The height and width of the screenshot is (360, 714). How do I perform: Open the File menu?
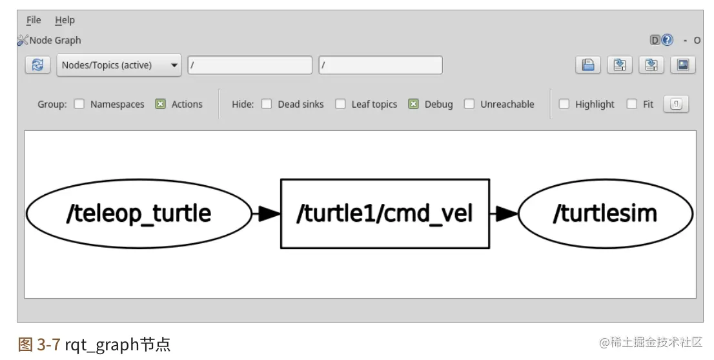(x=34, y=21)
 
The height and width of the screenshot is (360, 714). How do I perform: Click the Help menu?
(x=65, y=21)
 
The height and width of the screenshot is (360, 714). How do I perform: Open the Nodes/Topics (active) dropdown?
(x=119, y=65)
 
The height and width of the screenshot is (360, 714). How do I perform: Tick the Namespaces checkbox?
(x=79, y=104)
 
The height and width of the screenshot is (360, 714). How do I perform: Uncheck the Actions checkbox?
(x=161, y=104)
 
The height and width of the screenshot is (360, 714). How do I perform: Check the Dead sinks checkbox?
(x=267, y=104)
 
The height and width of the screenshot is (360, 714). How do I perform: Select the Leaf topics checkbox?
(x=340, y=104)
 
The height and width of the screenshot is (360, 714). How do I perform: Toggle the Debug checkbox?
(x=414, y=104)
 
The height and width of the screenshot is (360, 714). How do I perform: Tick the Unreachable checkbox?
(x=469, y=104)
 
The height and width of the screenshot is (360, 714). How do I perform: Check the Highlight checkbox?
(x=564, y=104)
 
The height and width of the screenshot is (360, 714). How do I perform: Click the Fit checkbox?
(x=632, y=104)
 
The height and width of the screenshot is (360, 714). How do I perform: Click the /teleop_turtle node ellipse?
(x=139, y=214)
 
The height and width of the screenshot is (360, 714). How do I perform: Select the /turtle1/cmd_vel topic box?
(x=385, y=214)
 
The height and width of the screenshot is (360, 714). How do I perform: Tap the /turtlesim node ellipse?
(x=605, y=214)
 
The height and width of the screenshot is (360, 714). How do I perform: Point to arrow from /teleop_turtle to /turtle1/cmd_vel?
(x=266, y=214)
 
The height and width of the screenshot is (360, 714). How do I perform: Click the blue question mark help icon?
(x=668, y=40)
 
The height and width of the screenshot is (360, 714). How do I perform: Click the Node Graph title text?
(x=56, y=40)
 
